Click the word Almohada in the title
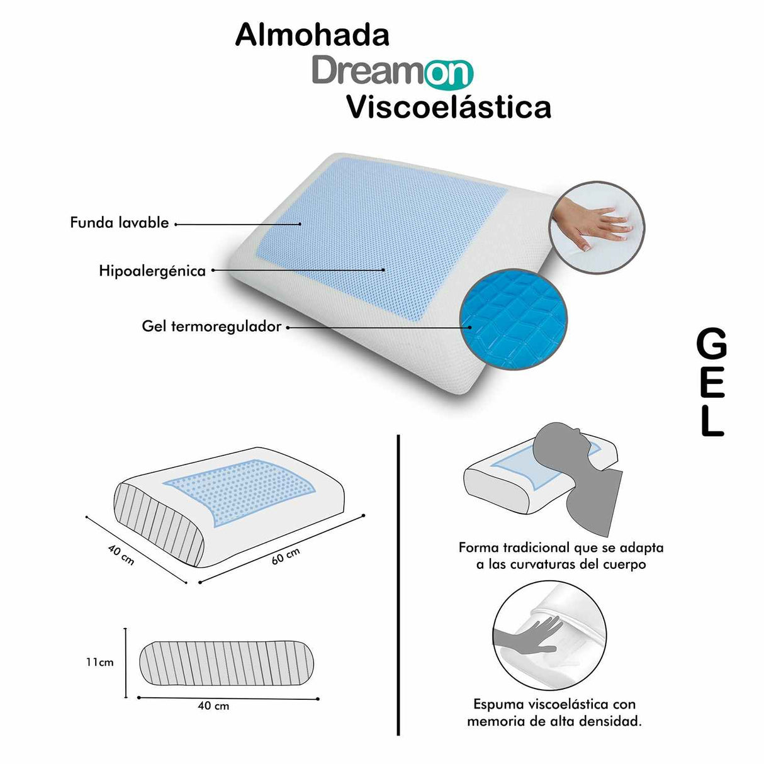coord(312,35)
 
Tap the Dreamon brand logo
coord(392,72)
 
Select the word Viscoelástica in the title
coord(449,107)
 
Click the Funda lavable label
coord(120,223)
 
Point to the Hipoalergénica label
coord(152,271)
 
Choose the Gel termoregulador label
coord(211,327)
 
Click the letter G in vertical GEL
coord(711,345)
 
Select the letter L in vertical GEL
coord(712,421)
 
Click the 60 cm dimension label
coord(286,555)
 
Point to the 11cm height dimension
coord(100,662)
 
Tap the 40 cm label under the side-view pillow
coord(213,706)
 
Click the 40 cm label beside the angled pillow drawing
coord(121,554)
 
